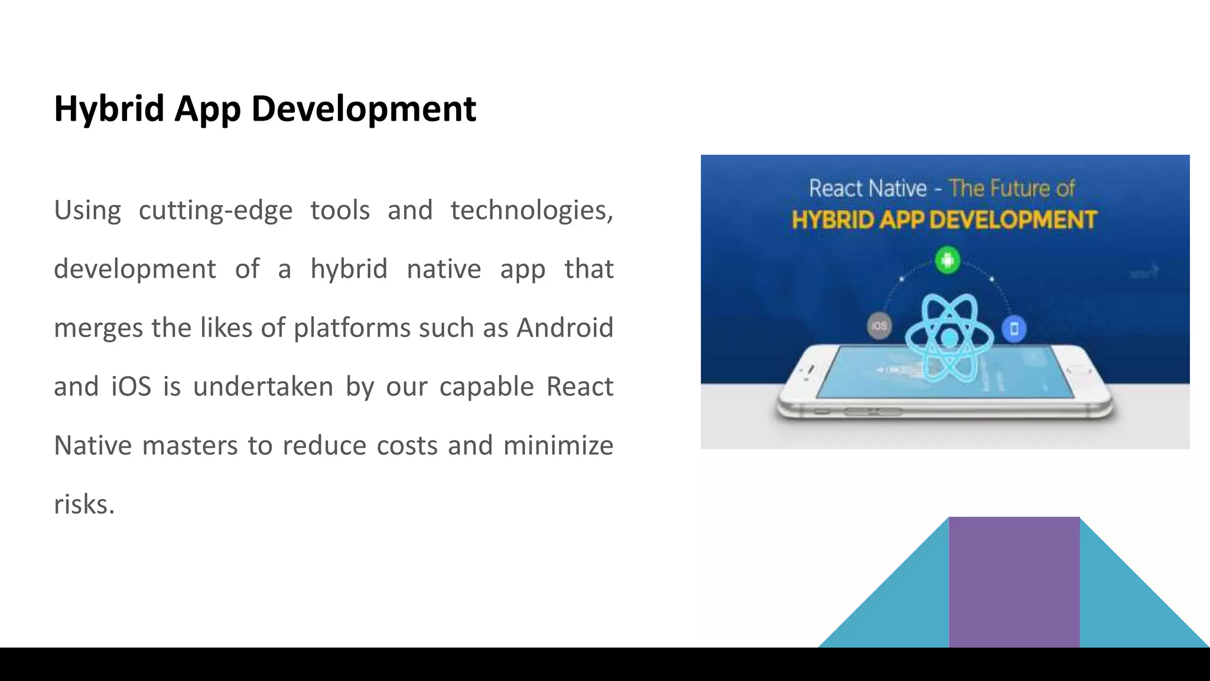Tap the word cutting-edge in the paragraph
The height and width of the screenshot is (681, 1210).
(x=216, y=211)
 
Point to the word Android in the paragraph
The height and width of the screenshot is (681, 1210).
(x=565, y=328)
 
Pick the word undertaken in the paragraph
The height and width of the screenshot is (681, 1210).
(x=264, y=387)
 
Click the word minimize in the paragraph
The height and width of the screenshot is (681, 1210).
(x=558, y=446)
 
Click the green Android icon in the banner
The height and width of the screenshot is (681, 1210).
(x=948, y=260)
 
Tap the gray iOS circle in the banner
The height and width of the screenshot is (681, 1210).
(x=879, y=326)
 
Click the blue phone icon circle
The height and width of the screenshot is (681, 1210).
(x=1014, y=329)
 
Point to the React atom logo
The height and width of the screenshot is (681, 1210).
(x=949, y=338)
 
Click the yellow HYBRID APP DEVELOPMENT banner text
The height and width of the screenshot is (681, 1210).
(x=944, y=220)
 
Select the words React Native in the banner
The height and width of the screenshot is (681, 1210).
(x=868, y=189)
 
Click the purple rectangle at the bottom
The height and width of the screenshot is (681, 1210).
(x=1014, y=582)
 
